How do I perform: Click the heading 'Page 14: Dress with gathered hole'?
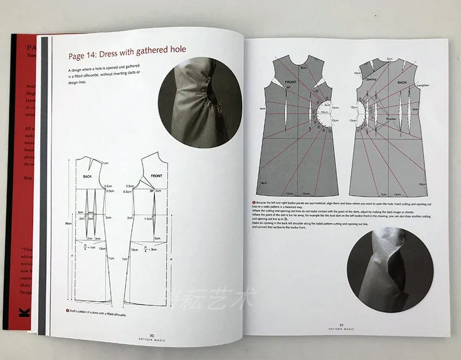tap(127, 50)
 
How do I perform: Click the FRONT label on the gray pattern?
tap(291, 83)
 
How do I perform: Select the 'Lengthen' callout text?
tap(422, 85)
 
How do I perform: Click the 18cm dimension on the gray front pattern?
tap(263, 182)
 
